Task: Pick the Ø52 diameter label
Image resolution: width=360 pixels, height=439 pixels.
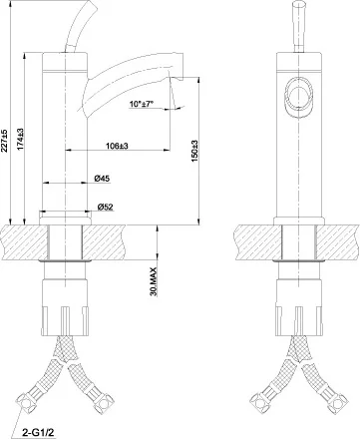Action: coord(104,208)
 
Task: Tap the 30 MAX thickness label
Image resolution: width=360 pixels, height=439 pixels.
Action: coord(153,282)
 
